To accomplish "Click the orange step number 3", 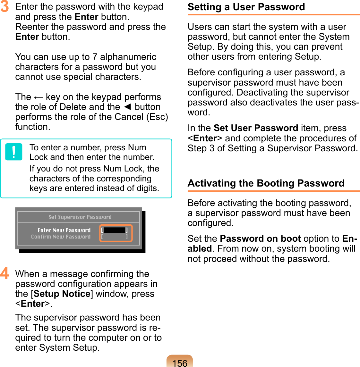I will click(4, 7).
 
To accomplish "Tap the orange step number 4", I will click(4, 273).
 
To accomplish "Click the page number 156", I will click(180, 363).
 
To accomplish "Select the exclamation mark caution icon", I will click(14, 152).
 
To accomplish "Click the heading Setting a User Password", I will click(246, 7).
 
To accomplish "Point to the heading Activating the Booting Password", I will click(266, 183).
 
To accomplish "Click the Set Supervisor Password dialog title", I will click(80, 217).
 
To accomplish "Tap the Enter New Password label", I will click(64, 230).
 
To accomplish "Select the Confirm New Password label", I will click(61, 237).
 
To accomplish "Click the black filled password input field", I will click(114, 230).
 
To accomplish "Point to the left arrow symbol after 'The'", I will click(39, 97).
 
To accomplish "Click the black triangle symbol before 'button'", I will click(127, 107).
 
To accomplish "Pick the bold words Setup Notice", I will click(62, 294).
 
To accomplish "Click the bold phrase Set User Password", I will click(256, 128).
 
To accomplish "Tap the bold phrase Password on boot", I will click(260, 239).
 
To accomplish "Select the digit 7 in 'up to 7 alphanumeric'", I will click(95, 57).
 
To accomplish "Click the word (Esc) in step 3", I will click(157, 117).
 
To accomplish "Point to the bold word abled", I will click(199, 249).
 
